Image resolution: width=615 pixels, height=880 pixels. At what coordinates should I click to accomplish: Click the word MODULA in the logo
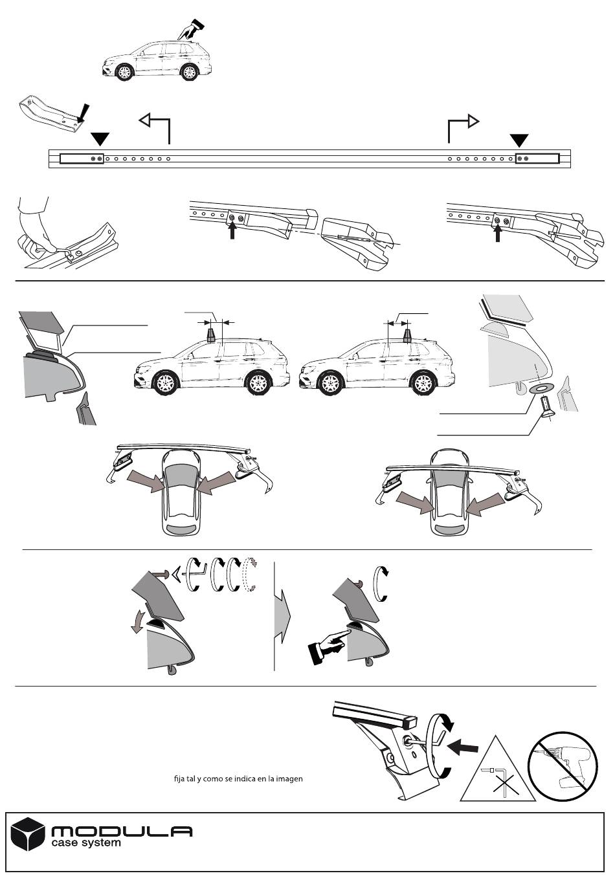[121, 831]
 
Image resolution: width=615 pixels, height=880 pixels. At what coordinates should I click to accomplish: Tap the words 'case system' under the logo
[85, 844]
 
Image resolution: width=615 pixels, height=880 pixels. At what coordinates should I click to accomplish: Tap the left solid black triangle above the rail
[100, 138]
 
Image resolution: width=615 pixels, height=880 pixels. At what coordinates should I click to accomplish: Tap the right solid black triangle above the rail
[519, 140]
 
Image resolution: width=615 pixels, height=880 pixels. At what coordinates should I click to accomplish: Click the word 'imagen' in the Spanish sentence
[288, 779]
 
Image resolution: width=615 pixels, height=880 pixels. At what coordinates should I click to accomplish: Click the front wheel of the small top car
[124, 72]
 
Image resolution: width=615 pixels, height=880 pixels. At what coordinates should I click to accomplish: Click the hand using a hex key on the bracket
[34, 226]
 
